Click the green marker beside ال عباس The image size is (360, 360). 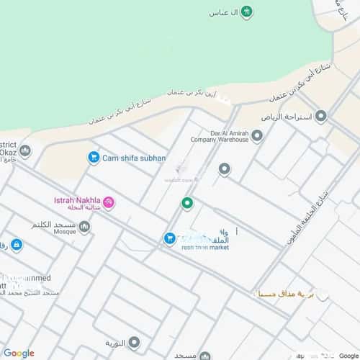point(247,12)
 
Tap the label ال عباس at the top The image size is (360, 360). point(223,12)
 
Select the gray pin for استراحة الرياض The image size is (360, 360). point(321,116)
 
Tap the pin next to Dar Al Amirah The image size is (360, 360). point(257,135)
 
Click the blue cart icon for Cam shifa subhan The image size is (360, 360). point(93,157)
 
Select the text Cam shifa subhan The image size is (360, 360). point(134,158)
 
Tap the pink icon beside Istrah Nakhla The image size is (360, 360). point(109,203)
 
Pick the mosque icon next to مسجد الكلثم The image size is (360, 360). point(84,228)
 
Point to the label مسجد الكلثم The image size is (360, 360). point(53,226)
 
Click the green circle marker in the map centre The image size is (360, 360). point(187,204)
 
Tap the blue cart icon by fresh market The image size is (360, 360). point(169,238)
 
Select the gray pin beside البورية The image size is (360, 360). point(134,342)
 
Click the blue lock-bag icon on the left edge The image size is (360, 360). point(17,245)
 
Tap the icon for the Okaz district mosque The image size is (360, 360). point(25,150)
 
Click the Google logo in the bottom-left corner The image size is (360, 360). point(19,353)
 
